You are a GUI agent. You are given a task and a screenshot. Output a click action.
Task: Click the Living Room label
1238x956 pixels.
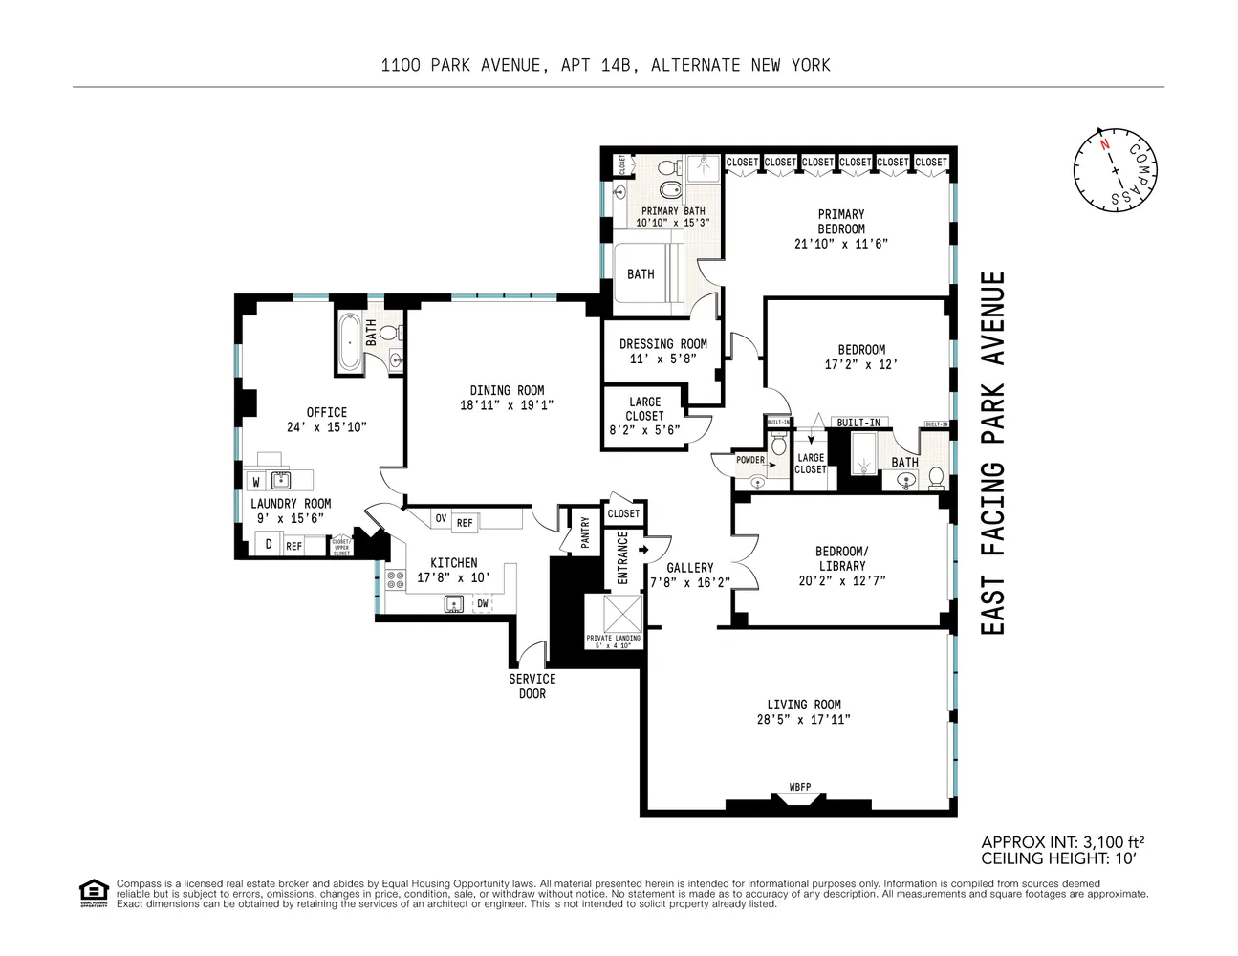point(803,705)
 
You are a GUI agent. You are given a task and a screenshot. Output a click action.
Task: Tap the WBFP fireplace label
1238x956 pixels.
point(799,787)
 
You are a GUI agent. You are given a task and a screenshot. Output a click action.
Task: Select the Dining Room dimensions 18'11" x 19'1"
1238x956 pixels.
point(506,405)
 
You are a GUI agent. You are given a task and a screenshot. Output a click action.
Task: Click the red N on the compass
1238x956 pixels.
point(1104,145)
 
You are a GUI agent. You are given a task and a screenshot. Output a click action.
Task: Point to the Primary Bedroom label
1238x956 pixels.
point(841,222)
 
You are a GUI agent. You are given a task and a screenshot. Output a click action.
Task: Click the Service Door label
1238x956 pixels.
point(532,685)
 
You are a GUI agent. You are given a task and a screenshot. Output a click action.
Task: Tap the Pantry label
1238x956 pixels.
point(585,532)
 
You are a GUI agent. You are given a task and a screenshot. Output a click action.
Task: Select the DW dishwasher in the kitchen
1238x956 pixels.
point(483,603)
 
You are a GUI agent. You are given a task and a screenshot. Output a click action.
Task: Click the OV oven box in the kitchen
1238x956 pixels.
point(441,519)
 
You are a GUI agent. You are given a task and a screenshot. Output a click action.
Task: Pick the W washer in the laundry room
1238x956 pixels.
point(256,482)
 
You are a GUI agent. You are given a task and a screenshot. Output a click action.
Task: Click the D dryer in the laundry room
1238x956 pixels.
point(269,545)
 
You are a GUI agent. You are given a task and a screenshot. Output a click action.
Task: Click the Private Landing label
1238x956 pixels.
point(614,641)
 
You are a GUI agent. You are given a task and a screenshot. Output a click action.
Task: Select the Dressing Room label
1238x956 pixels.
point(662,344)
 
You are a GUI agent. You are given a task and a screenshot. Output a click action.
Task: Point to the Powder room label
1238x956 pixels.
point(750,460)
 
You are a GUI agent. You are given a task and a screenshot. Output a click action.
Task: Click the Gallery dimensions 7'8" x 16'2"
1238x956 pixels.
point(689,582)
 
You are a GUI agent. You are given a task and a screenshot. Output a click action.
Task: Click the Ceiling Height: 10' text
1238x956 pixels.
point(1057,858)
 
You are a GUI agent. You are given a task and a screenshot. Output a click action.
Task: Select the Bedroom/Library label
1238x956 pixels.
point(841,558)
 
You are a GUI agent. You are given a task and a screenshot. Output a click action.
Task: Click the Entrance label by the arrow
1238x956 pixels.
point(622,558)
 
